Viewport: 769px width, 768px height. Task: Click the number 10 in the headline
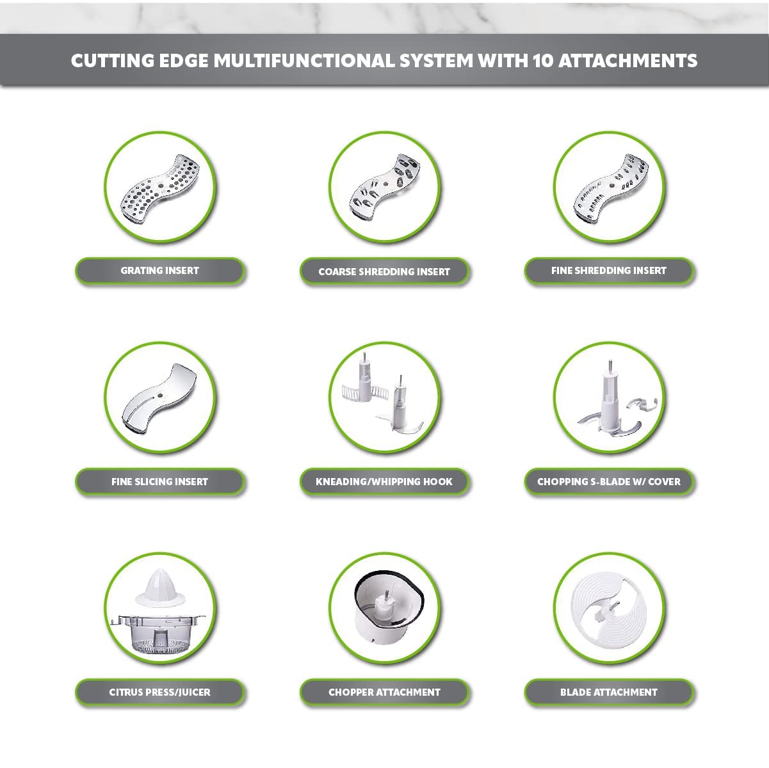(x=542, y=61)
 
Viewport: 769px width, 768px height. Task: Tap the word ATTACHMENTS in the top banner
(x=627, y=61)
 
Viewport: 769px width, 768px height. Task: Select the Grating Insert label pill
(x=159, y=271)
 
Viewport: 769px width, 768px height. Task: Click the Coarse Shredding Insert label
(x=384, y=271)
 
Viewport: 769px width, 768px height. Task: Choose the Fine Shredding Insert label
(x=609, y=271)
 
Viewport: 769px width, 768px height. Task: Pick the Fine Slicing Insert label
(x=159, y=481)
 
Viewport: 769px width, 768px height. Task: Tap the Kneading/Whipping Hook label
(x=384, y=481)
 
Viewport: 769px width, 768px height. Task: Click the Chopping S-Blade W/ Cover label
(x=609, y=481)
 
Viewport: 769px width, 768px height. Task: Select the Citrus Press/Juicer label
(x=159, y=692)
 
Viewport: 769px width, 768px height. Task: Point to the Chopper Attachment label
(x=384, y=692)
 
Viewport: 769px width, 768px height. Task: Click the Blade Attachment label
(x=609, y=692)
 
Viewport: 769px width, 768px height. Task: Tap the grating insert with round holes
(x=159, y=188)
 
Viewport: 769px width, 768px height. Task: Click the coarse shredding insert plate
(x=384, y=187)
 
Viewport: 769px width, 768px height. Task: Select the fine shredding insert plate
(x=611, y=187)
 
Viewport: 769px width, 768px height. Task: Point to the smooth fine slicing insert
(x=159, y=398)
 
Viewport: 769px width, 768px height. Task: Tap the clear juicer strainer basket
(x=158, y=635)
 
